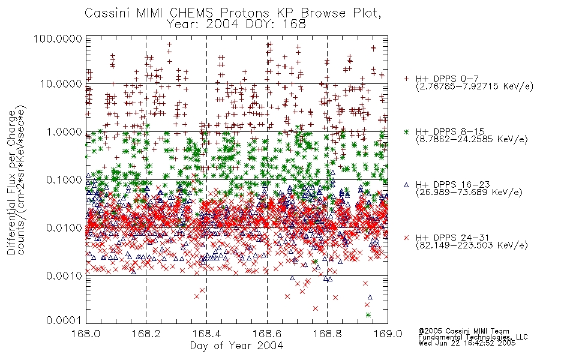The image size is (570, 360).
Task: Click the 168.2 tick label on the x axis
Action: [x=146, y=334]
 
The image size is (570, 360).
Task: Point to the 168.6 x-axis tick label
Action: [x=267, y=334]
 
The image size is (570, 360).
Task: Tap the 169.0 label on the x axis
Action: [x=388, y=334]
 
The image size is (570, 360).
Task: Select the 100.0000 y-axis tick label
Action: [x=58, y=38]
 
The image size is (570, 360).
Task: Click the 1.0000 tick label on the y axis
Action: [x=64, y=131]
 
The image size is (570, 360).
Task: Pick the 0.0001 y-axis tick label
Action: [x=64, y=320]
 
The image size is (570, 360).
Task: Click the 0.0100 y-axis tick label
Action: [x=64, y=228]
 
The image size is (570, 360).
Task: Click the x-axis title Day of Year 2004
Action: [x=236, y=346]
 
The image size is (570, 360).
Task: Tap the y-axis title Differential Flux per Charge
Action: [x=12, y=182]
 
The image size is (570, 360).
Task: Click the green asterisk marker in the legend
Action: [x=406, y=132]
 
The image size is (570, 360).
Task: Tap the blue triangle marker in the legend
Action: [x=406, y=185]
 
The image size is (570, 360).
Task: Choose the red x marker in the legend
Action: [x=406, y=238]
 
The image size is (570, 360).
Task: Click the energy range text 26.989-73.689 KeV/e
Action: [x=469, y=193]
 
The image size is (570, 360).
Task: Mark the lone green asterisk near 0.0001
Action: [x=368, y=315]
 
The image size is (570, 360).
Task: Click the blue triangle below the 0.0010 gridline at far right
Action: [x=370, y=297]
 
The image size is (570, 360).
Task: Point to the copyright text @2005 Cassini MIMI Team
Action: [x=464, y=331]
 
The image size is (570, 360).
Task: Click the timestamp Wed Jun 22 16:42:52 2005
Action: [x=467, y=343]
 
